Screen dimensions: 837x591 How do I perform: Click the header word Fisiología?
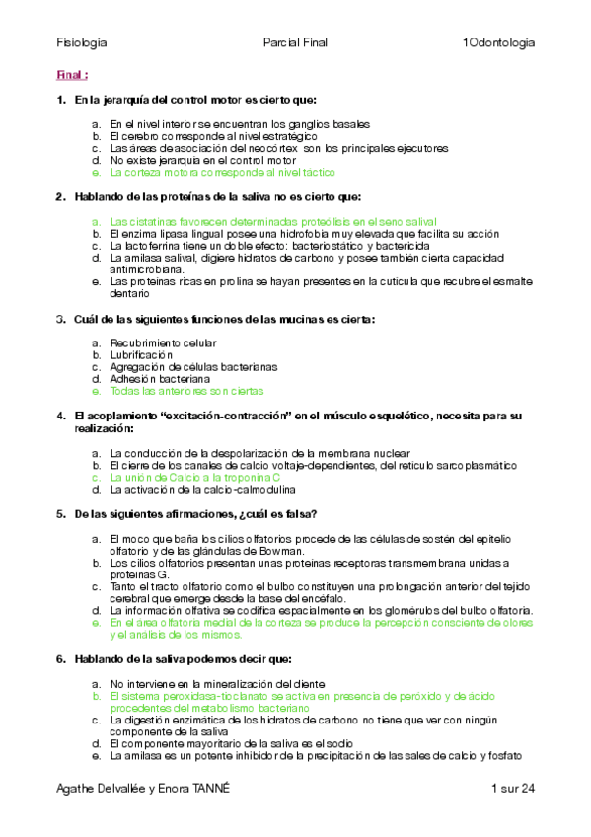click(82, 43)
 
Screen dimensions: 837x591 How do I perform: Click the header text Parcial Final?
click(295, 43)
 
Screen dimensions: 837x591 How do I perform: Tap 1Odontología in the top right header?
click(498, 43)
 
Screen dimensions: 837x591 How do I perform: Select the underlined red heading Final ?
click(72, 75)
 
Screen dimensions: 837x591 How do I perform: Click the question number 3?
click(61, 319)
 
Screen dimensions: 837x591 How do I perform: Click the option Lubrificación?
click(141, 354)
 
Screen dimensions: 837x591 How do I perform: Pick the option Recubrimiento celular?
click(163, 342)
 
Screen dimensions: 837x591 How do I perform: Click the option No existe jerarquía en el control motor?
click(202, 159)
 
